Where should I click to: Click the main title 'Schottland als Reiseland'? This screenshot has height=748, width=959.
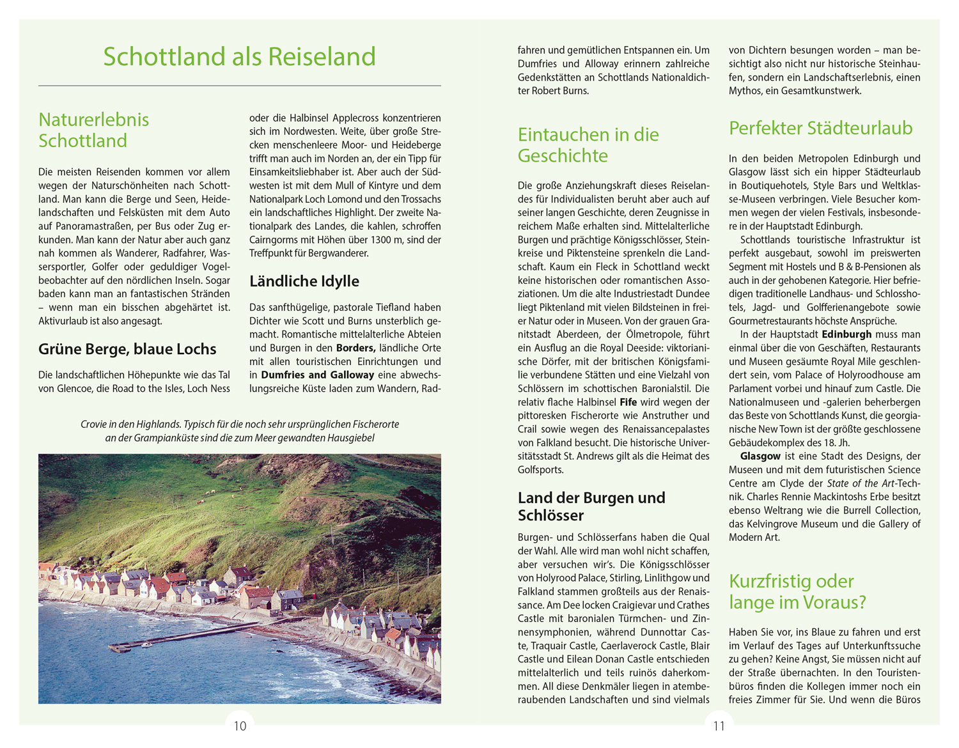(x=239, y=56)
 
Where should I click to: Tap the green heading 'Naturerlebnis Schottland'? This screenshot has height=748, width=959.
(x=93, y=130)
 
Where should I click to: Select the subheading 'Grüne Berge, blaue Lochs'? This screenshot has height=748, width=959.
(x=127, y=349)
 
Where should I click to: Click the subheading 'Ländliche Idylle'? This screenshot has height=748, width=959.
(x=304, y=281)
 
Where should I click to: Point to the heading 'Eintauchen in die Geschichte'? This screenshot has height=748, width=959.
(x=588, y=145)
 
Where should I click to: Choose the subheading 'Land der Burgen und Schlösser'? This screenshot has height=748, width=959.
(x=591, y=506)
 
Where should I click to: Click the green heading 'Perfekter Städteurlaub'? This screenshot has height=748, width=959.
(x=820, y=128)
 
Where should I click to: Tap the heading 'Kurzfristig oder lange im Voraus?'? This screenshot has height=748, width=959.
(x=797, y=591)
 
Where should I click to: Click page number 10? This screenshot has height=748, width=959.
(x=240, y=726)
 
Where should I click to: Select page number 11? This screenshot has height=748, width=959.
(x=719, y=726)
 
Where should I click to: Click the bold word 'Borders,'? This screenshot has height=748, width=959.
(x=355, y=348)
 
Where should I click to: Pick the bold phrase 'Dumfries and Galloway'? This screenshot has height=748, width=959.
(x=317, y=375)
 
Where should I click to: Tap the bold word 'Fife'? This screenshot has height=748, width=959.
(x=628, y=403)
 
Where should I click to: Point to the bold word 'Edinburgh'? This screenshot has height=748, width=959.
(x=846, y=334)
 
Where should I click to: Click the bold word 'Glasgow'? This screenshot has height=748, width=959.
(x=760, y=456)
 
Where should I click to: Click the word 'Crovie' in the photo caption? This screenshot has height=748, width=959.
(x=94, y=425)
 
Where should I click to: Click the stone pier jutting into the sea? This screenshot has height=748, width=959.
(x=185, y=636)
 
